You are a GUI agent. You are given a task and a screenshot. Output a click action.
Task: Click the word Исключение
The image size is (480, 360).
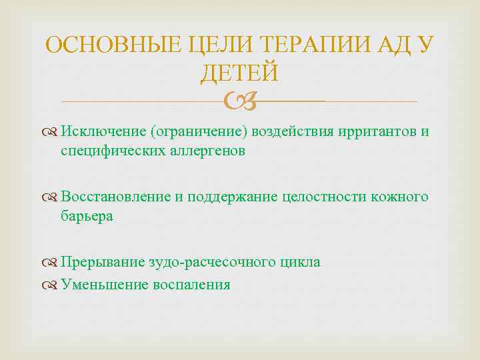pyautogui.click(x=99, y=131)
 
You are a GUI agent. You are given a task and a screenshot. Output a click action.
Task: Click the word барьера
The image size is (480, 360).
pyautogui.click(x=87, y=216)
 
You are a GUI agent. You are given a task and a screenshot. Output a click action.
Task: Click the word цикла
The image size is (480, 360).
pyautogui.click(x=301, y=262)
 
